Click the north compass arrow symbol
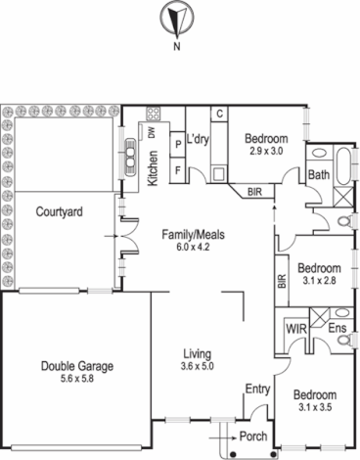coord(176,21)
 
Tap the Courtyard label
coord(57,211)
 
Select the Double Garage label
coord(78,367)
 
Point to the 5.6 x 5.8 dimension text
coord(78,380)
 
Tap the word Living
coord(199,353)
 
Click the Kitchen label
coord(154,167)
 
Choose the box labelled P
coord(177,143)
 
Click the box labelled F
coord(177,168)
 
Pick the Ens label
coord(337,328)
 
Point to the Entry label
coord(257,390)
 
